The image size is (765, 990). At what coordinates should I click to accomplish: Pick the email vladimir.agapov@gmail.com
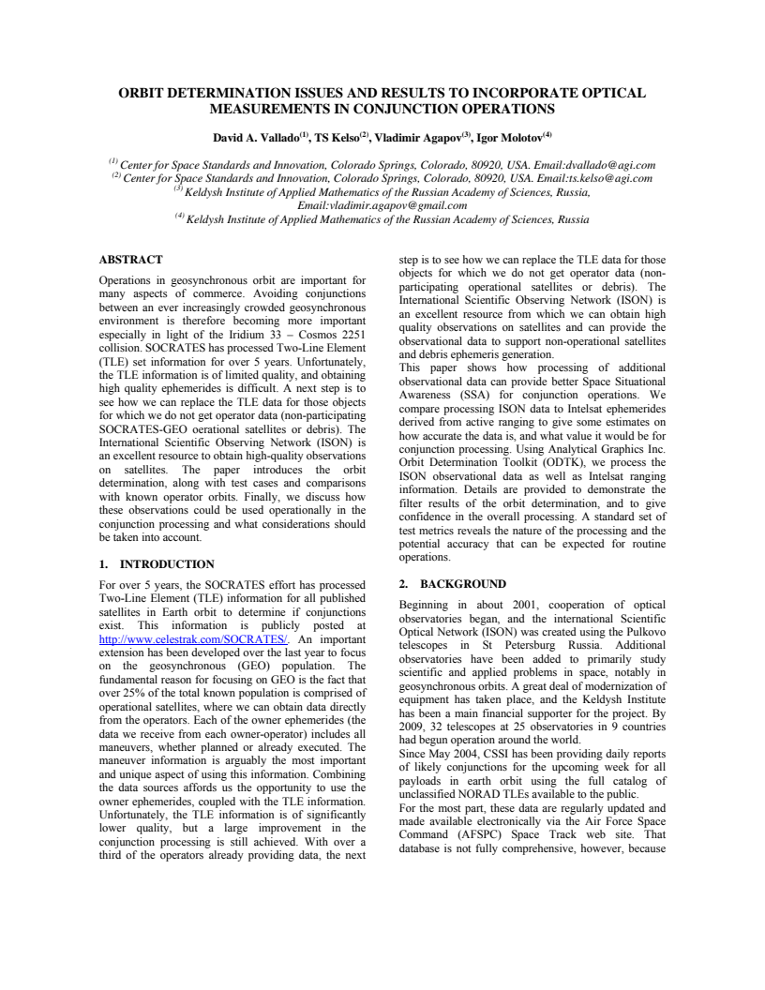[x=382, y=205]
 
